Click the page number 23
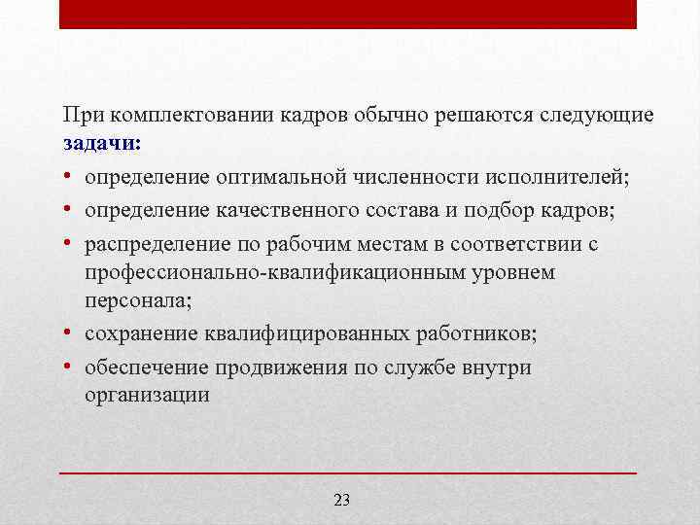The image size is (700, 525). [x=341, y=500]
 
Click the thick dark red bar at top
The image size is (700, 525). [x=348, y=14]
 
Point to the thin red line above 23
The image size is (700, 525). [x=348, y=472]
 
